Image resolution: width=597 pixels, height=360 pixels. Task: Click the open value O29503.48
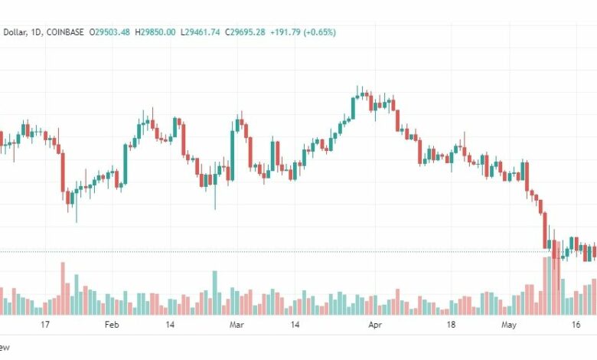click(109, 32)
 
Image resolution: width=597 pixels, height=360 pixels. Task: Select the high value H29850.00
click(155, 32)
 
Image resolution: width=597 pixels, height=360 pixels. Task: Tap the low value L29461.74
click(200, 32)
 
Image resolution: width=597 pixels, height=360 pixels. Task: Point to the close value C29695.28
click(245, 32)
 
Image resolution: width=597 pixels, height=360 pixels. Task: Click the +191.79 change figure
click(285, 32)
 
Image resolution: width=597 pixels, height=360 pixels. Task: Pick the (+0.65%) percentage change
click(320, 32)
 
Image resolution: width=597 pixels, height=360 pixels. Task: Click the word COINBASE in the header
click(65, 32)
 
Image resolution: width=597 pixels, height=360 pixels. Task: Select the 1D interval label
click(36, 33)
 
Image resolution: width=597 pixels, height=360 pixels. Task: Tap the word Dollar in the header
click(15, 33)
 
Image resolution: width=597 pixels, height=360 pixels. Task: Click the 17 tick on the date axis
click(45, 325)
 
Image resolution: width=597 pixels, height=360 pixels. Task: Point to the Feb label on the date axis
click(112, 325)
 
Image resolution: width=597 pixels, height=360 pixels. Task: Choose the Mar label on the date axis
click(237, 325)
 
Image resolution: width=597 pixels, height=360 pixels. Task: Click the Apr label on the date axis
click(375, 325)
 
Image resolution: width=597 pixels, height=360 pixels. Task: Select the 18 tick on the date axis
click(451, 325)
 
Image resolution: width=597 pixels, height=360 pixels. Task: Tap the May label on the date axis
click(509, 325)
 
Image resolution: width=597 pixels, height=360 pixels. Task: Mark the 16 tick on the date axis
click(576, 325)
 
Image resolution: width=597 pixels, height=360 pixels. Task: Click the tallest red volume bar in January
click(63, 288)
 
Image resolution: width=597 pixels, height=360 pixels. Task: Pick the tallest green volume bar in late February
click(215, 293)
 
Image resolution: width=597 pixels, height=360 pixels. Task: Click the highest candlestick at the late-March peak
click(362, 93)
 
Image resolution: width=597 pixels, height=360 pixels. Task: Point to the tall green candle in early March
click(232, 152)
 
